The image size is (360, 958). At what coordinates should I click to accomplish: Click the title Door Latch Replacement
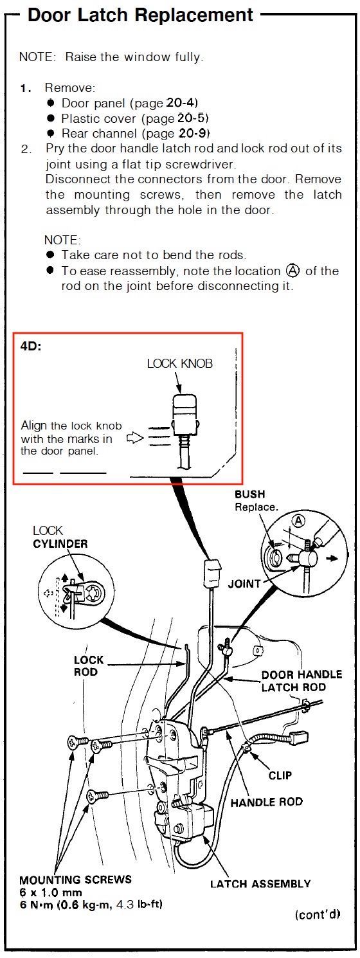pos(140,15)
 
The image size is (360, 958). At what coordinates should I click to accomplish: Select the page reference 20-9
pos(194,134)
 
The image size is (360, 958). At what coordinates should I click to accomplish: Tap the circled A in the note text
pos(293,270)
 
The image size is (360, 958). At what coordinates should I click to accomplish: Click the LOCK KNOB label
pos(179,363)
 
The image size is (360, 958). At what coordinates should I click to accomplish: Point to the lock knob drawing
pos(184,411)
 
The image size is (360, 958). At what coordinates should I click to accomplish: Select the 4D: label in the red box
pos(32,347)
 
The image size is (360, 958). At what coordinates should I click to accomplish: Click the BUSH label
pos(249,494)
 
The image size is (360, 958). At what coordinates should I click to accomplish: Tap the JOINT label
pos(244,584)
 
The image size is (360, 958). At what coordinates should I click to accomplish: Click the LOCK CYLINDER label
pos(60,537)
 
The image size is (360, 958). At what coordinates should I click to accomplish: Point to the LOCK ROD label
pos(89,665)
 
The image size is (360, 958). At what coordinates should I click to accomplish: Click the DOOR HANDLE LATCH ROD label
pos(302,681)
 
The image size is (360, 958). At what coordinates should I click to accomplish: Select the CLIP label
pos(280,775)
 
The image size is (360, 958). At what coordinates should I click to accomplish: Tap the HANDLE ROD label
pos(266,802)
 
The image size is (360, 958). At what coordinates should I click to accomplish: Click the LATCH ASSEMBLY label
pos(260,884)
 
